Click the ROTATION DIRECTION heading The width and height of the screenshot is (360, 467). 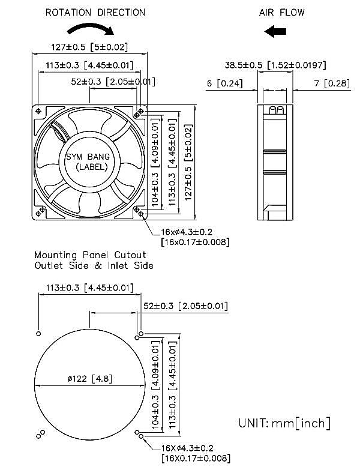[x=95, y=13]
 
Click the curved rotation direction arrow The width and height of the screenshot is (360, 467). [x=89, y=28]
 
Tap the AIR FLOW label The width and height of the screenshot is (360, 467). [x=281, y=13]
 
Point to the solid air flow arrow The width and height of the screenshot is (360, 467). [x=275, y=31]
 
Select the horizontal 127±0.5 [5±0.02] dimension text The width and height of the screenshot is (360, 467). [x=89, y=47]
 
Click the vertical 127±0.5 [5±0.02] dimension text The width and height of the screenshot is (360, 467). [x=188, y=162]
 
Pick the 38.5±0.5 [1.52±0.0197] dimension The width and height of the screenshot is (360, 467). [x=275, y=65]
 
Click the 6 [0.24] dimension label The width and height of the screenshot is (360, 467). [x=225, y=83]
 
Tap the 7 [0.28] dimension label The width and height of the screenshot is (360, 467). [x=332, y=83]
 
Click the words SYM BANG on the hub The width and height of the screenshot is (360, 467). [x=88, y=157]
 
